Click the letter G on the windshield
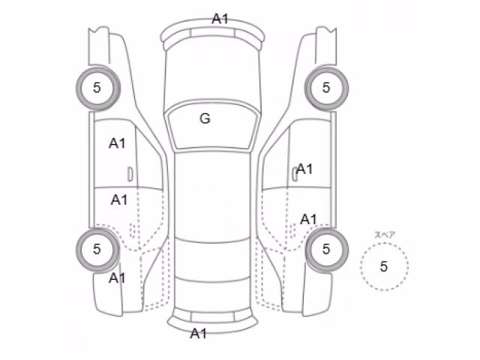(x=205, y=118)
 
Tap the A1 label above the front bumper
(x=220, y=19)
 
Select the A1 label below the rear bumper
(x=198, y=333)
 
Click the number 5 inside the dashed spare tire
(x=384, y=267)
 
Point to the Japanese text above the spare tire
(x=385, y=235)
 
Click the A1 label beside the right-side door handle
(x=304, y=169)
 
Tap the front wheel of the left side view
(x=98, y=88)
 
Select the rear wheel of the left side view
(x=98, y=250)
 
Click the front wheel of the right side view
(x=326, y=88)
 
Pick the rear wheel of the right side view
(x=327, y=250)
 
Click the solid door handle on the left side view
(x=130, y=174)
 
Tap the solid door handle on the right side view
(x=295, y=174)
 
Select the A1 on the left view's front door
(x=117, y=143)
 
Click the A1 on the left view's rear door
(x=119, y=200)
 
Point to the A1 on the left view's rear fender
(x=117, y=278)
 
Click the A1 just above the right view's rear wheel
(x=308, y=220)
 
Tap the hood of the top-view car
(x=212, y=73)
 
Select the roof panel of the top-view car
(x=212, y=196)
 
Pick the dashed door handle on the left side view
(x=133, y=230)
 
